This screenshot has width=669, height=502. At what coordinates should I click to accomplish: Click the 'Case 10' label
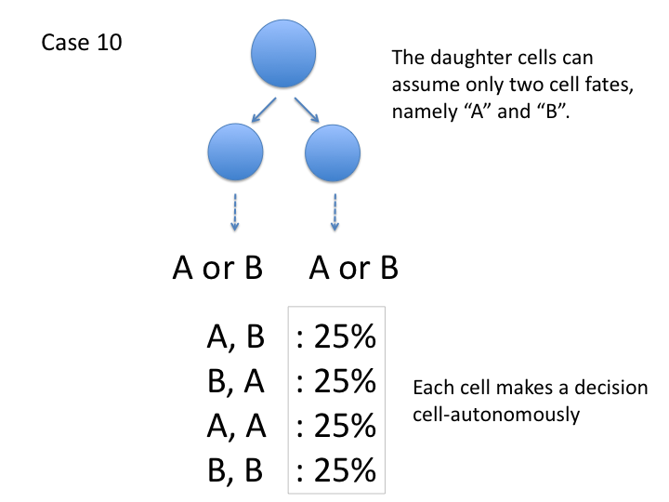[x=82, y=44]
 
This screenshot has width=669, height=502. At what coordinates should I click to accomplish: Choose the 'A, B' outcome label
[x=236, y=337]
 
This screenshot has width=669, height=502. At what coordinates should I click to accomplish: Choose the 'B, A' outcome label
[x=236, y=382]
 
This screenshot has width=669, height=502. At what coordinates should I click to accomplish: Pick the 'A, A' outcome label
[x=236, y=427]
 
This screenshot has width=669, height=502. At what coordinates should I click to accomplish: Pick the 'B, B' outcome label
[x=236, y=471]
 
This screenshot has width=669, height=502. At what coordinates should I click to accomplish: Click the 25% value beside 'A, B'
[x=336, y=337]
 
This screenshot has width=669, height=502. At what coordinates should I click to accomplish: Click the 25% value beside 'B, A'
[x=336, y=382]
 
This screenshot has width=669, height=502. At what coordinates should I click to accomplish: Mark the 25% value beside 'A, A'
[x=336, y=427]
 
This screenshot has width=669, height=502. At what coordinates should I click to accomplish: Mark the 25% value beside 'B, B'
[x=336, y=471]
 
